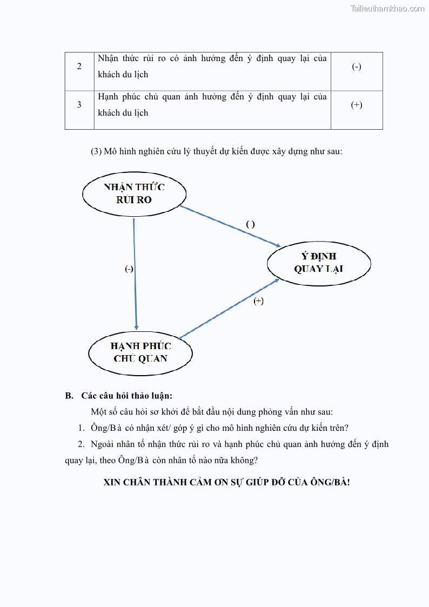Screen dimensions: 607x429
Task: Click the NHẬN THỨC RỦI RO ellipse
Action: point(134,194)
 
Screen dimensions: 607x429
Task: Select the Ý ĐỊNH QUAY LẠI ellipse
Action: point(319,263)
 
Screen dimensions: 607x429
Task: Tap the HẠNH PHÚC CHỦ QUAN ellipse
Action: point(140,352)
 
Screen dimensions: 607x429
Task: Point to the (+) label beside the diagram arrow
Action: point(259,301)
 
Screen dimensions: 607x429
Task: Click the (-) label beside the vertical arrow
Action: point(129,269)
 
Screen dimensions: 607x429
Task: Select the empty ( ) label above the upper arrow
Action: point(250,224)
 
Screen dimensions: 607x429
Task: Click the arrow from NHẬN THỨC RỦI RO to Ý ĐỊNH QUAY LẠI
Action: point(230,226)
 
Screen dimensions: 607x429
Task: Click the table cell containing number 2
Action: point(79,66)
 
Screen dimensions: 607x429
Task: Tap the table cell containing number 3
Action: point(79,105)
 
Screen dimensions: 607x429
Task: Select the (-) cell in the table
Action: point(357,66)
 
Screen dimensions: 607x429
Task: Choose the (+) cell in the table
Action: point(357,105)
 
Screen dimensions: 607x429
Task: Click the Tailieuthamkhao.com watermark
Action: point(387,8)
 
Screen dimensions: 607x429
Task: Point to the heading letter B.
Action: point(69,396)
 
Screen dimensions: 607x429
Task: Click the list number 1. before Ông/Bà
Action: point(81,428)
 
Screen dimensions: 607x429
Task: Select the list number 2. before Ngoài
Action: point(81,444)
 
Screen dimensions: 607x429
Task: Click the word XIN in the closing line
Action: point(112,482)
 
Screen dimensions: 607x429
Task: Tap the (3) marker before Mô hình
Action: point(97,152)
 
